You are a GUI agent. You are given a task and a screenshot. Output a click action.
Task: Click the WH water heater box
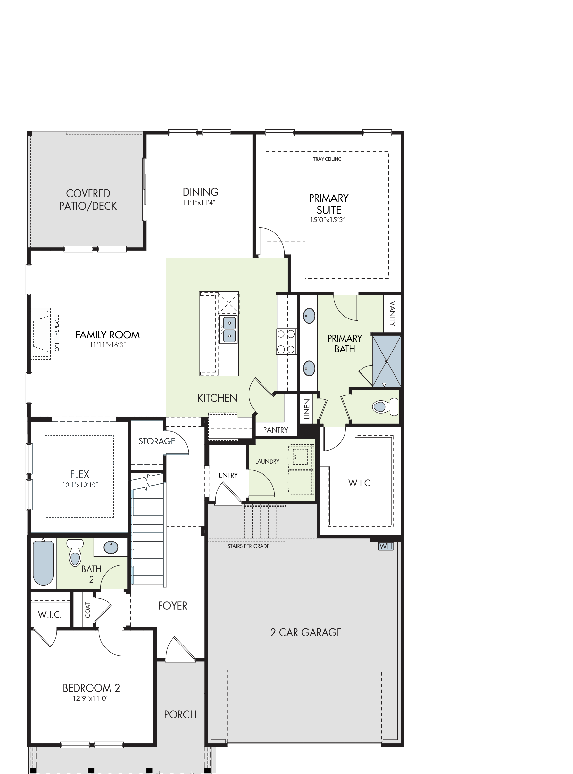386,546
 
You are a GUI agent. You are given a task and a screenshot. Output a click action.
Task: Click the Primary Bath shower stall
387,361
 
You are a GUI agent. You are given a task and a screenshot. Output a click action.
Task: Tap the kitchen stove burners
286,342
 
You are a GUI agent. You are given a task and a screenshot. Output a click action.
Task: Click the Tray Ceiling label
327,159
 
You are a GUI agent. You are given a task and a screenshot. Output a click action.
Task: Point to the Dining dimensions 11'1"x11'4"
199,202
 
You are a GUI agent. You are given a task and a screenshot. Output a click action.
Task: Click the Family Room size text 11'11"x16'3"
108,345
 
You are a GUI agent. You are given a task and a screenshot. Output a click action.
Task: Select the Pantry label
276,430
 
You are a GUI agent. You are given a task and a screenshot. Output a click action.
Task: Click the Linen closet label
307,409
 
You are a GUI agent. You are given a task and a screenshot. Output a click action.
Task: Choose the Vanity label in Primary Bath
393,314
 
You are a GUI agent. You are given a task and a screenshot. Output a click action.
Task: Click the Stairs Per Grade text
248,546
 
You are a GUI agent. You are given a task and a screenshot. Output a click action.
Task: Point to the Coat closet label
87,610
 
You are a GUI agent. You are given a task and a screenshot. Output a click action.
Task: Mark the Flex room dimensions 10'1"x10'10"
80,485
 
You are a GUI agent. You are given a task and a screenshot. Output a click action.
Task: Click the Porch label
180,714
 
